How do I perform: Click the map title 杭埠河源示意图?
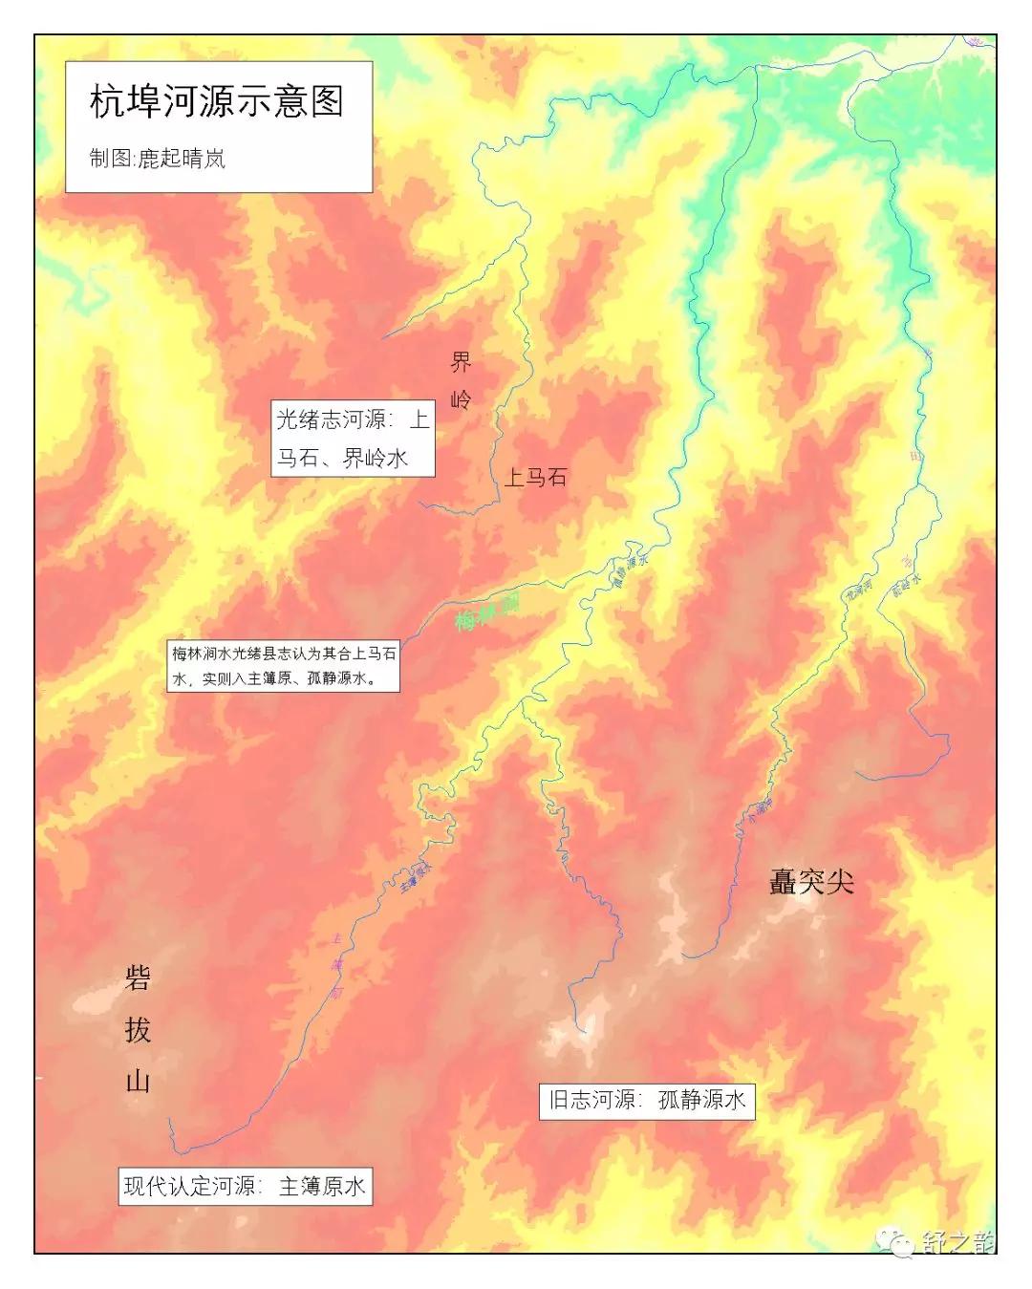coord(217,102)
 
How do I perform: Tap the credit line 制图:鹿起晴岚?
coord(157,159)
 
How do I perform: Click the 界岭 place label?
coord(461,379)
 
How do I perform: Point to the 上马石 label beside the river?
coord(535,477)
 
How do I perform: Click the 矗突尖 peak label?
coord(811,882)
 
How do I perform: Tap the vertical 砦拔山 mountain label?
coord(139,1029)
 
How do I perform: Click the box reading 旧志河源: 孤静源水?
coord(646,1100)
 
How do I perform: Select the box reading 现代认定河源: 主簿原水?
coord(244,1187)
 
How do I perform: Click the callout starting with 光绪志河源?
coord(353,439)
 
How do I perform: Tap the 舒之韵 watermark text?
coord(957,1241)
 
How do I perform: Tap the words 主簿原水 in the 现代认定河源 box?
coord(322,1187)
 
